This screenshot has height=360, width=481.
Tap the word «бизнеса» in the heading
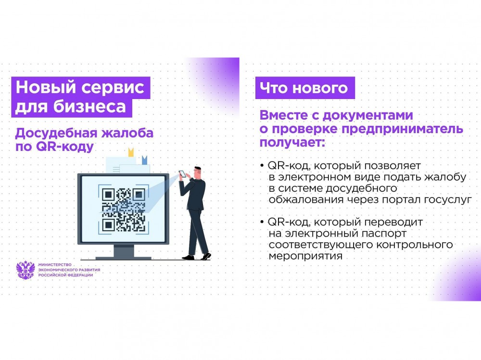[89, 107]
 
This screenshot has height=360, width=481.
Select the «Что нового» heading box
[305, 88]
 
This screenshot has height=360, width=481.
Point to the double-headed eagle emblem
[25, 270]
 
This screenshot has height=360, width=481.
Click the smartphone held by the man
[182, 174]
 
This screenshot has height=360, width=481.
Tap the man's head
[198, 173]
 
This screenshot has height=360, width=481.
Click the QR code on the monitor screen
[123, 210]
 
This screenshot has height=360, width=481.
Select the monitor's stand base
[124, 258]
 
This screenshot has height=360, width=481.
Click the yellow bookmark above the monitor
[131, 152]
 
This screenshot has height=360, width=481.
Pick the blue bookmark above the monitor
[144, 160]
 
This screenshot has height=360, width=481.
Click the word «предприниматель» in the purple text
[402, 129]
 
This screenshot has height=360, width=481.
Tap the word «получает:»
[292, 143]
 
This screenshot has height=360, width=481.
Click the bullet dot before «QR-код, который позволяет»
[262, 166]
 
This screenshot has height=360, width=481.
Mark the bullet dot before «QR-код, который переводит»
[262, 222]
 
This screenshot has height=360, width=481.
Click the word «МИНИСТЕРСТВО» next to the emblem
[55, 265]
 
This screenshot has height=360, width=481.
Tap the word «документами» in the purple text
[368, 116]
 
